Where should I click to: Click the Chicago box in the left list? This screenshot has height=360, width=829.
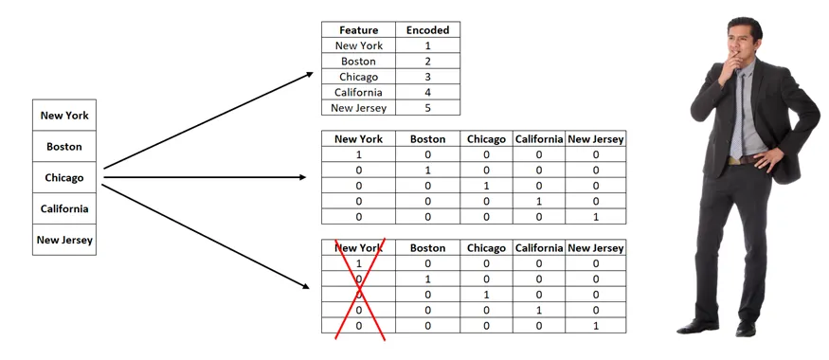64,177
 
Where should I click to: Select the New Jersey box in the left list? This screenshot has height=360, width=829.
64,240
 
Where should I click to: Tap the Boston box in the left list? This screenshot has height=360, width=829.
64,147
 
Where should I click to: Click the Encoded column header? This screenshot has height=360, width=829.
427,30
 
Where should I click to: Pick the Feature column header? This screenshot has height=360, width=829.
358,30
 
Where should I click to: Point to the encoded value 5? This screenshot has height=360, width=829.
427,108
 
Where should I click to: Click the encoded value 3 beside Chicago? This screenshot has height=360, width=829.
427,77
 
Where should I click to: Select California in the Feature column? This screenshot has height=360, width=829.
358,93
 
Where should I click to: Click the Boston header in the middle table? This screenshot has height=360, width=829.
427,139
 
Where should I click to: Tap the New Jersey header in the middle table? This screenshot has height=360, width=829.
595,139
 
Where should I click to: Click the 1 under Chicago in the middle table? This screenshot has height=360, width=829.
486,186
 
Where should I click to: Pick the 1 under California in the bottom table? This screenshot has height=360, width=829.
539,310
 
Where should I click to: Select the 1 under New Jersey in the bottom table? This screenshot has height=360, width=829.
595,326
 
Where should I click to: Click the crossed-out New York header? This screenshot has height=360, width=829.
358,248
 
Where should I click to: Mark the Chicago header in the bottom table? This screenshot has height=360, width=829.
486,248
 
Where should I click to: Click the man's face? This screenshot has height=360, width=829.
742,44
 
